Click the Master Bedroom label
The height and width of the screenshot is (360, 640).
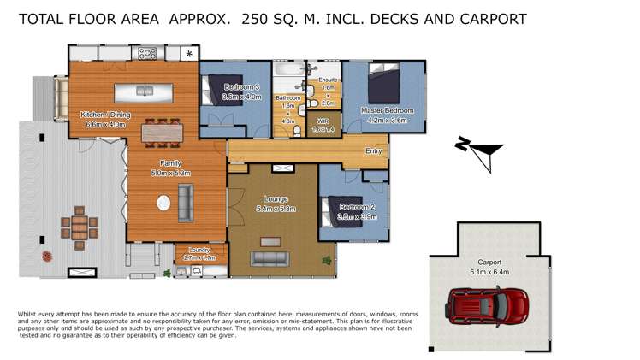pyautogui.click(x=388, y=111)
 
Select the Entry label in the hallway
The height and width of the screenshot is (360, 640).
pyautogui.click(x=374, y=151)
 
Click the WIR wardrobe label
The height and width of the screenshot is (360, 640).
pyautogui.click(x=323, y=122)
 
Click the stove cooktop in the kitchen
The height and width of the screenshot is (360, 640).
pyautogui.click(x=147, y=53)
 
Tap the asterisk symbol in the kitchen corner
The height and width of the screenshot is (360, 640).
pyautogui.click(x=188, y=55)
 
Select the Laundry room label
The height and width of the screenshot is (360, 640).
pyautogui.click(x=199, y=250)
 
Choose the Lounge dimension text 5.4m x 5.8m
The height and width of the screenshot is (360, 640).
pyautogui.click(x=275, y=208)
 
